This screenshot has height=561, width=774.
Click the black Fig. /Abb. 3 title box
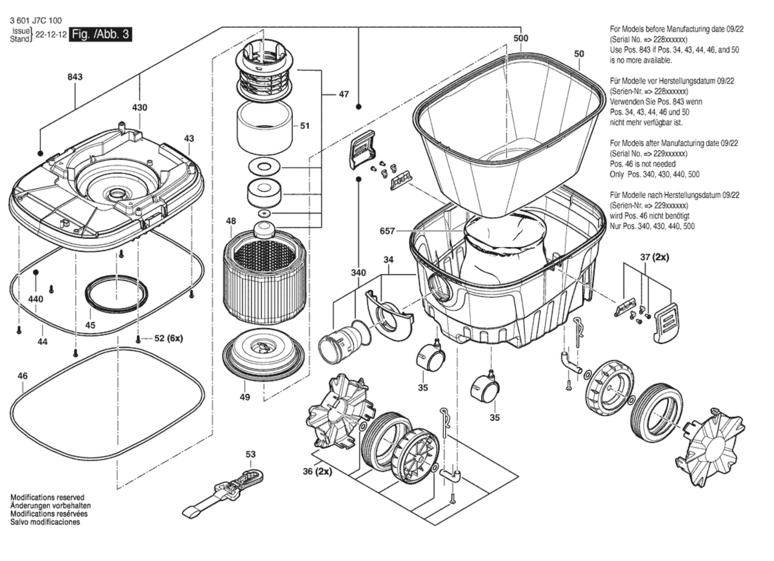point(100,34)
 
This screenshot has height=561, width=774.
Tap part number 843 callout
point(75,77)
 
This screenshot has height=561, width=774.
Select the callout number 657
point(387,231)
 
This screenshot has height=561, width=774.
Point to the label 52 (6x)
point(168,338)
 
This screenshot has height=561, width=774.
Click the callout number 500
point(521,38)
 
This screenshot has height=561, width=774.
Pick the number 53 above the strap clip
point(251,454)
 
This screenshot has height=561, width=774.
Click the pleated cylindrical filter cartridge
point(264,278)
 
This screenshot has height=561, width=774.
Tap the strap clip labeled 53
point(225,491)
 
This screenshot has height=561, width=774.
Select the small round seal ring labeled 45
point(117,294)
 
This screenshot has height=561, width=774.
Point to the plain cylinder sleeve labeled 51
point(264,128)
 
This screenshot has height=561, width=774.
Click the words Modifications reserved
point(47,497)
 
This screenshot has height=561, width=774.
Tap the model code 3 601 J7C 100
point(36,21)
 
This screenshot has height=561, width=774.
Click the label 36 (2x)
point(317,471)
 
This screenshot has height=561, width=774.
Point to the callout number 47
point(344,94)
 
